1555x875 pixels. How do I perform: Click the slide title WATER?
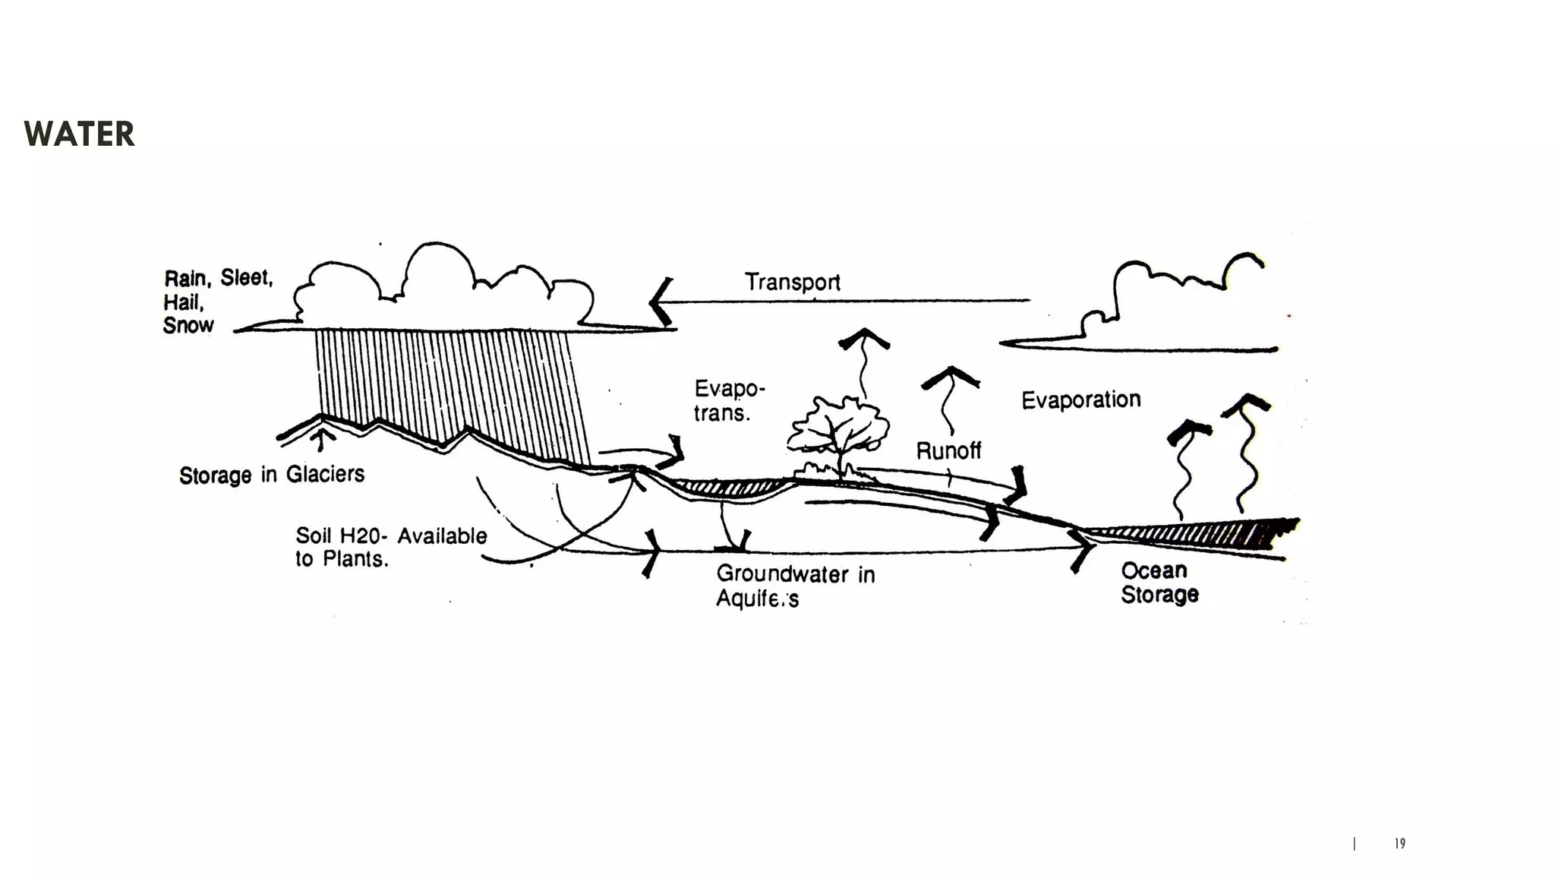(x=79, y=134)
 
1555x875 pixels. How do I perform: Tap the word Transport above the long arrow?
(x=792, y=283)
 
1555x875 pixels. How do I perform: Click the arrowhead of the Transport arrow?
(x=660, y=302)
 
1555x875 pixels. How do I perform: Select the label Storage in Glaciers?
(x=271, y=475)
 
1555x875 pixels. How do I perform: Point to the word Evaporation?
(x=1080, y=400)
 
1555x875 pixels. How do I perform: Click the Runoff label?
(x=948, y=450)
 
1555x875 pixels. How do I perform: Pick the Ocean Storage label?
(x=1159, y=583)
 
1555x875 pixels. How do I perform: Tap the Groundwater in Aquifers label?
(x=794, y=586)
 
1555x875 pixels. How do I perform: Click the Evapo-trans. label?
(x=727, y=400)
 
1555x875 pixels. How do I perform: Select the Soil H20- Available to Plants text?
(x=390, y=547)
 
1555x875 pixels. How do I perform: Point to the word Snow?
(x=188, y=325)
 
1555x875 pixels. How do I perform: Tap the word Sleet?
(x=246, y=277)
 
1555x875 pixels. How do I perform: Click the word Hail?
(x=183, y=302)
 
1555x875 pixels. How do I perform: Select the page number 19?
(x=1399, y=843)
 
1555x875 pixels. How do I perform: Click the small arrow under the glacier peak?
(x=323, y=439)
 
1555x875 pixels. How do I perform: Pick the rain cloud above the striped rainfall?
(x=444, y=292)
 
